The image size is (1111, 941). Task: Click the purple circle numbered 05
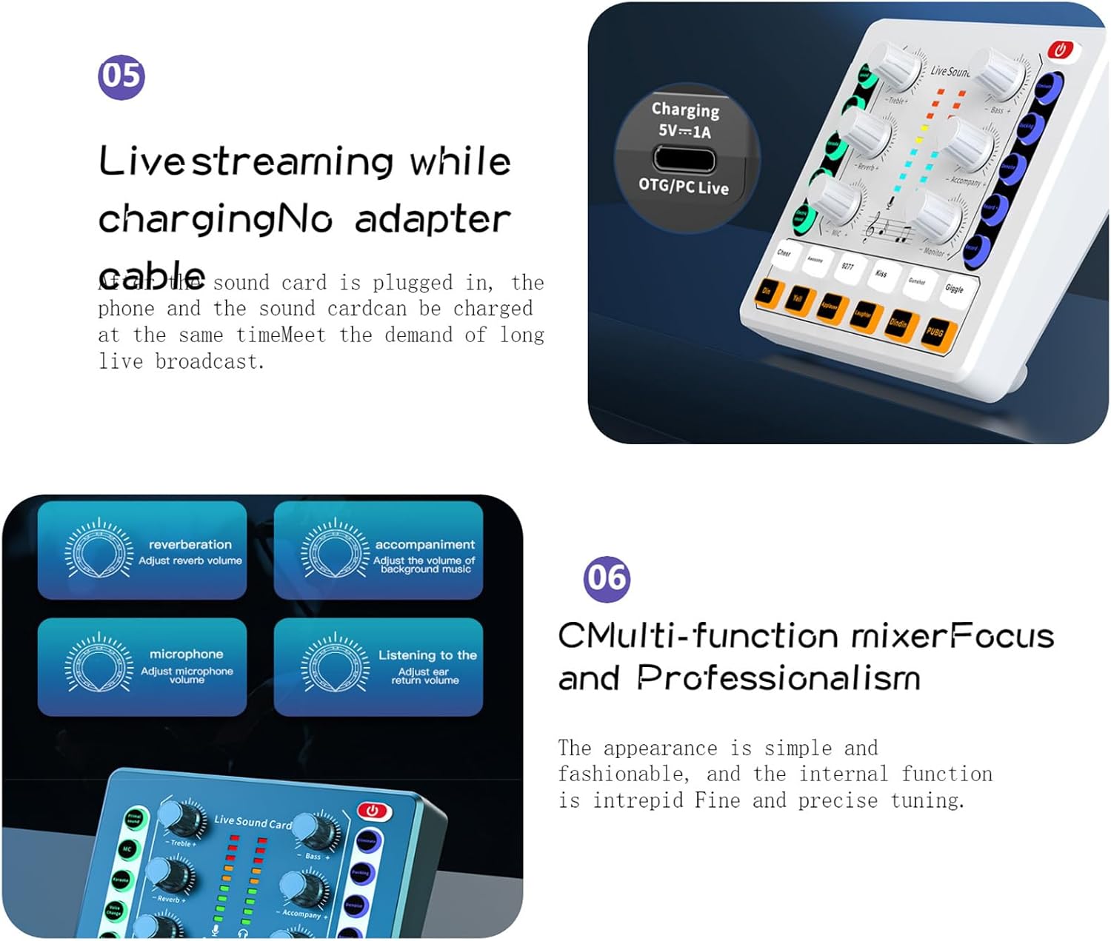click(x=121, y=76)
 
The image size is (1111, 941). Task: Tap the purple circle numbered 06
click(x=607, y=578)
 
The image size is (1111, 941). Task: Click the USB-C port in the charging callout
click(x=684, y=159)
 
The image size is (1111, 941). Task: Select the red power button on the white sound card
click(x=1060, y=50)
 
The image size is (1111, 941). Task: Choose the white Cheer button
click(x=784, y=253)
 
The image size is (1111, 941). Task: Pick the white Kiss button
click(x=881, y=273)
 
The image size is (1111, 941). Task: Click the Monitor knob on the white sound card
click(x=936, y=218)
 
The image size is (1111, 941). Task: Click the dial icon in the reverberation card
click(x=98, y=550)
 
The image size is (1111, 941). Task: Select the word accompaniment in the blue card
click(x=424, y=544)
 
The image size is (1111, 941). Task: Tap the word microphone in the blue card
click(x=186, y=654)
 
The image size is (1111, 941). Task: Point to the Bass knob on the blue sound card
click(x=315, y=831)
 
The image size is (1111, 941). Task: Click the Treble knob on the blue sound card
click(x=182, y=817)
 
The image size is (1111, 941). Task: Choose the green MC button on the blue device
click(x=127, y=849)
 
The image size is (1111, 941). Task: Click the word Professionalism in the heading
click(x=778, y=677)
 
